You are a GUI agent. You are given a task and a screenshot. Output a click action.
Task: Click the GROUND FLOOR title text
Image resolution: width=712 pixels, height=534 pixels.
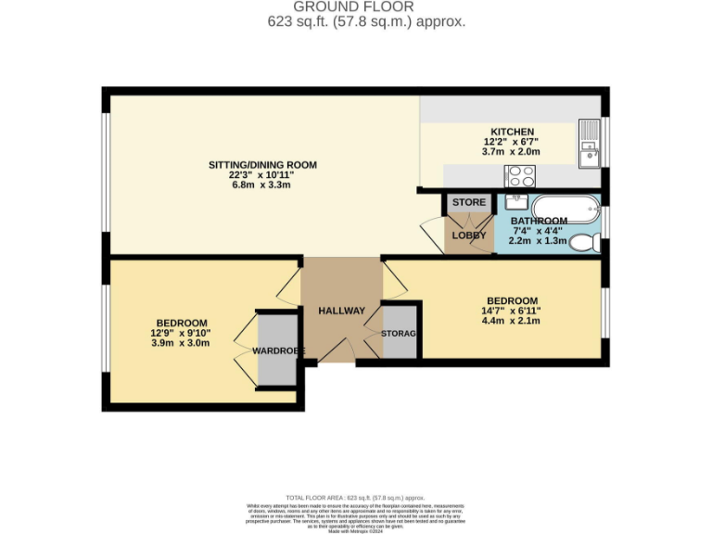(355, 6)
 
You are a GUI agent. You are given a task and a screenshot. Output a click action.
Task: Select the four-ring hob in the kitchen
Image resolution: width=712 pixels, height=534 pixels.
(519, 174)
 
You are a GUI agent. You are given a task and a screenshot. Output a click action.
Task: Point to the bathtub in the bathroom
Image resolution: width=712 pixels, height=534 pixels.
(565, 209)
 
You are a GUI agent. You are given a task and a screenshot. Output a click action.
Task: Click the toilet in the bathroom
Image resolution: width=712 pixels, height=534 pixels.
(583, 243)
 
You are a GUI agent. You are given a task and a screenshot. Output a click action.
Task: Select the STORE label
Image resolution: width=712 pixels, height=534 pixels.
(468, 202)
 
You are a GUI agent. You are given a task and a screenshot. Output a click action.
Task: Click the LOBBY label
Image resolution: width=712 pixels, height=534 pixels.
(468, 235)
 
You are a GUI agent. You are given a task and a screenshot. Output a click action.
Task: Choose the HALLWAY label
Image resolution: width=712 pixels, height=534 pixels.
(341, 311)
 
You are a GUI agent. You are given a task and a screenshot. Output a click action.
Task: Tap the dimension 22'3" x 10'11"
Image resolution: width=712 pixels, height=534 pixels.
(261, 174)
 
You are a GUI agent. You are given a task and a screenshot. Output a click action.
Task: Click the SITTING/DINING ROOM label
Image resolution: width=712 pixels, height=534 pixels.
(261, 165)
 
